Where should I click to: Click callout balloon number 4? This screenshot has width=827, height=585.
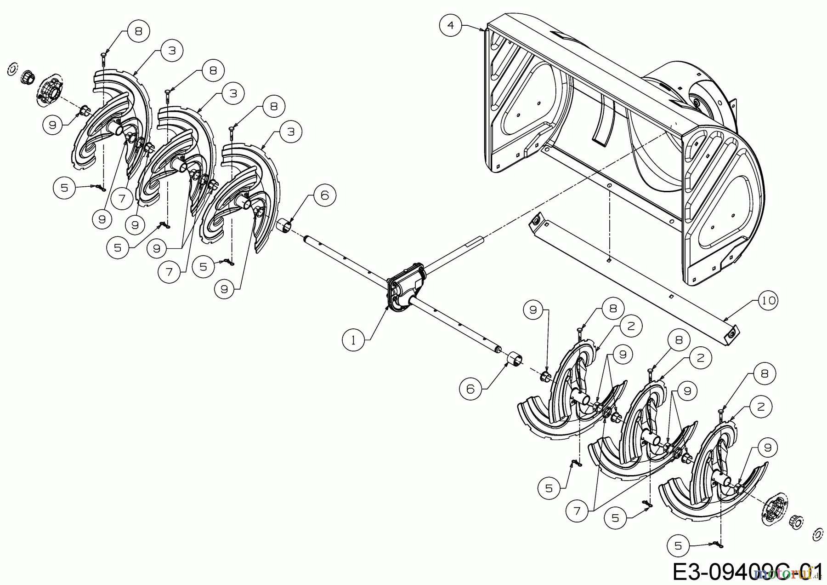pyautogui.click(x=450, y=25)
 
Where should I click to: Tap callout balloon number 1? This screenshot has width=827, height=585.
pyautogui.click(x=353, y=340)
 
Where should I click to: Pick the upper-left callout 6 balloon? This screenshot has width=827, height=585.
pyautogui.click(x=324, y=195)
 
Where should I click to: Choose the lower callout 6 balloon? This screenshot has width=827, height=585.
pyautogui.click(x=470, y=389)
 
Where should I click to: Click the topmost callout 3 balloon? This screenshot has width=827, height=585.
pyautogui.click(x=172, y=50)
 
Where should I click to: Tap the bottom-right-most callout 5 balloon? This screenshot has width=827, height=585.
pyautogui.click(x=678, y=546)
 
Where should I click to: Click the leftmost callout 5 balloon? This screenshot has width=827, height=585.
pyautogui.click(x=64, y=188)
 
